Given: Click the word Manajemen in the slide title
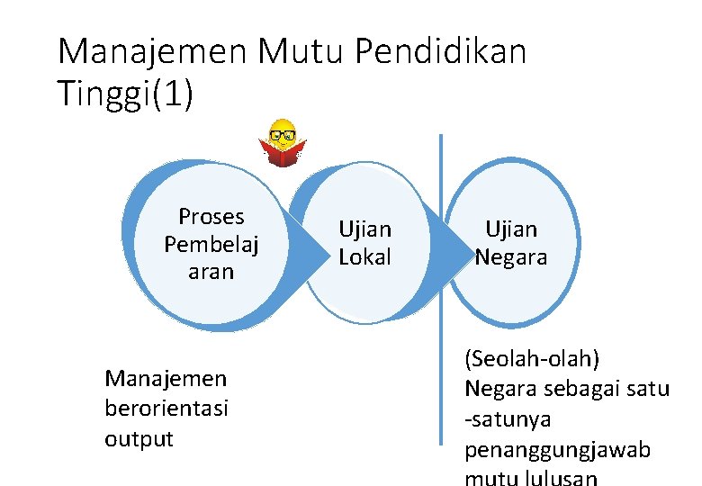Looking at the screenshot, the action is (151, 52).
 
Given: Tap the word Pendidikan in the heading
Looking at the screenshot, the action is (441, 52).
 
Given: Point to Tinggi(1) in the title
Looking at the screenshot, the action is (125, 94).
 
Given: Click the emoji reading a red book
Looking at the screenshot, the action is (283, 144).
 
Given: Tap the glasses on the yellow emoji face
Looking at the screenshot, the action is (283, 135).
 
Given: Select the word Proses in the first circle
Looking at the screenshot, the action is (211, 217).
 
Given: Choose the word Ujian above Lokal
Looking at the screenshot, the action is (364, 229).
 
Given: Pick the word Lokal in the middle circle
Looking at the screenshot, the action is (364, 256).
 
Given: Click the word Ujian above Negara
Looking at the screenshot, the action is (511, 229).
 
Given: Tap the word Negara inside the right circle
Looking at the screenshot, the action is (511, 256).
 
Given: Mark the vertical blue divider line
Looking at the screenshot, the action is (441, 288).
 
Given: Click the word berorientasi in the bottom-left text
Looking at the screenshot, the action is (166, 409).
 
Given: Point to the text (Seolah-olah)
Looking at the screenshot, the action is (532, 359).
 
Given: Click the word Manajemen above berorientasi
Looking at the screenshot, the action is (166, 378).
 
